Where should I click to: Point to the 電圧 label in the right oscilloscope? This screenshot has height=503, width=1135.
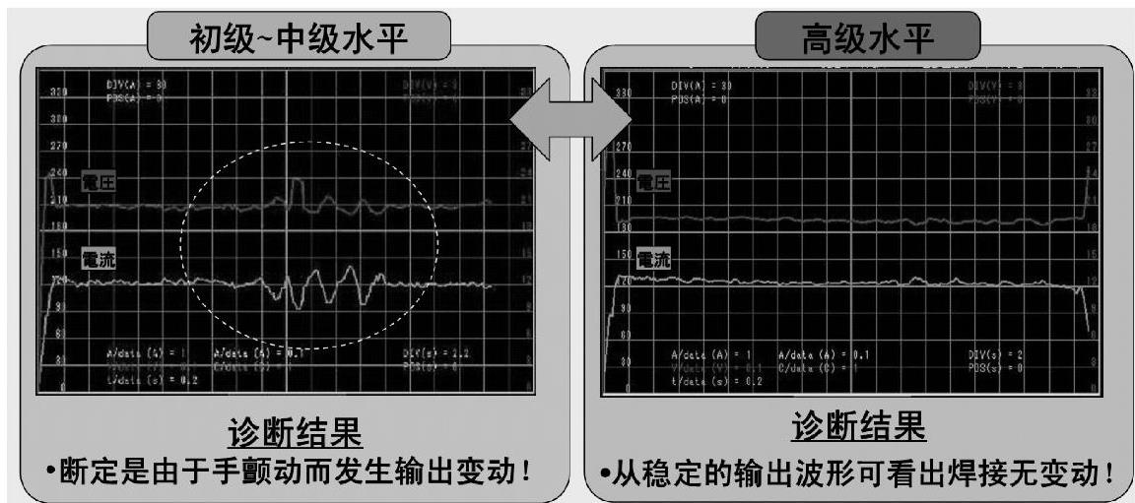pos(651,181)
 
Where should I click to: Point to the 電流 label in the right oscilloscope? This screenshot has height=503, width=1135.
pos(652,260)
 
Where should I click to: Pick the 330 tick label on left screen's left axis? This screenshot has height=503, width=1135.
pos(57,92)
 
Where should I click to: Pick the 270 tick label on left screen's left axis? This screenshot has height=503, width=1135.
pos(57,146)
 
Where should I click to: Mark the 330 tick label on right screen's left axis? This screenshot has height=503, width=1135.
pos(623,92)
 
